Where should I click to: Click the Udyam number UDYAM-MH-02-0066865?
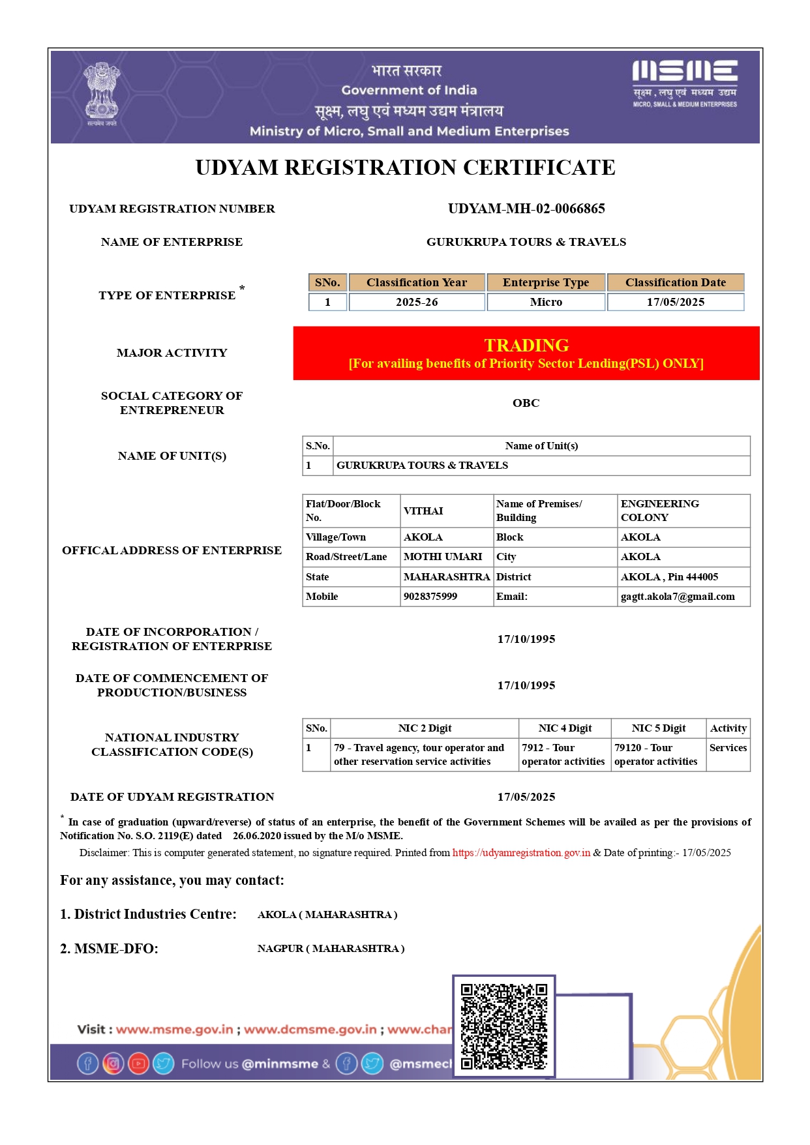pos(526,209)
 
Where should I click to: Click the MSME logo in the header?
pos(684,83)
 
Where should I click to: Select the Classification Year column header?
pos(416,282)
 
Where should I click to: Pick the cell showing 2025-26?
pos(416,302)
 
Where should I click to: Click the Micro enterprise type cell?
pos(545,302)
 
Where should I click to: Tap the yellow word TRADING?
pos(526,345)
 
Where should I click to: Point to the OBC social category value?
pos(526,403)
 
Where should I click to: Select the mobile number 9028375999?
pos(430,597)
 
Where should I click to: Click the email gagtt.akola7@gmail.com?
pos(677,597)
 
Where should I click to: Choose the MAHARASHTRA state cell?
pos(446,577)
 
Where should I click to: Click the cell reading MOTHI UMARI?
pos(442,557)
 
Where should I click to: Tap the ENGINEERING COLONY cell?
pos(659,511)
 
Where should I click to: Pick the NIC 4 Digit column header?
pos(565,728)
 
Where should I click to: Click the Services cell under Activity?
pos(728,748)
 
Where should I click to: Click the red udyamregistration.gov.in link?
pos(521,853)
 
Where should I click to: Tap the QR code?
pos(503,1026)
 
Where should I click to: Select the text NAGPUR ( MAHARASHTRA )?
pos(331,949)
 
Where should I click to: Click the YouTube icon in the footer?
pos(138,1063)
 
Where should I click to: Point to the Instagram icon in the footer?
pos(113,1063)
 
